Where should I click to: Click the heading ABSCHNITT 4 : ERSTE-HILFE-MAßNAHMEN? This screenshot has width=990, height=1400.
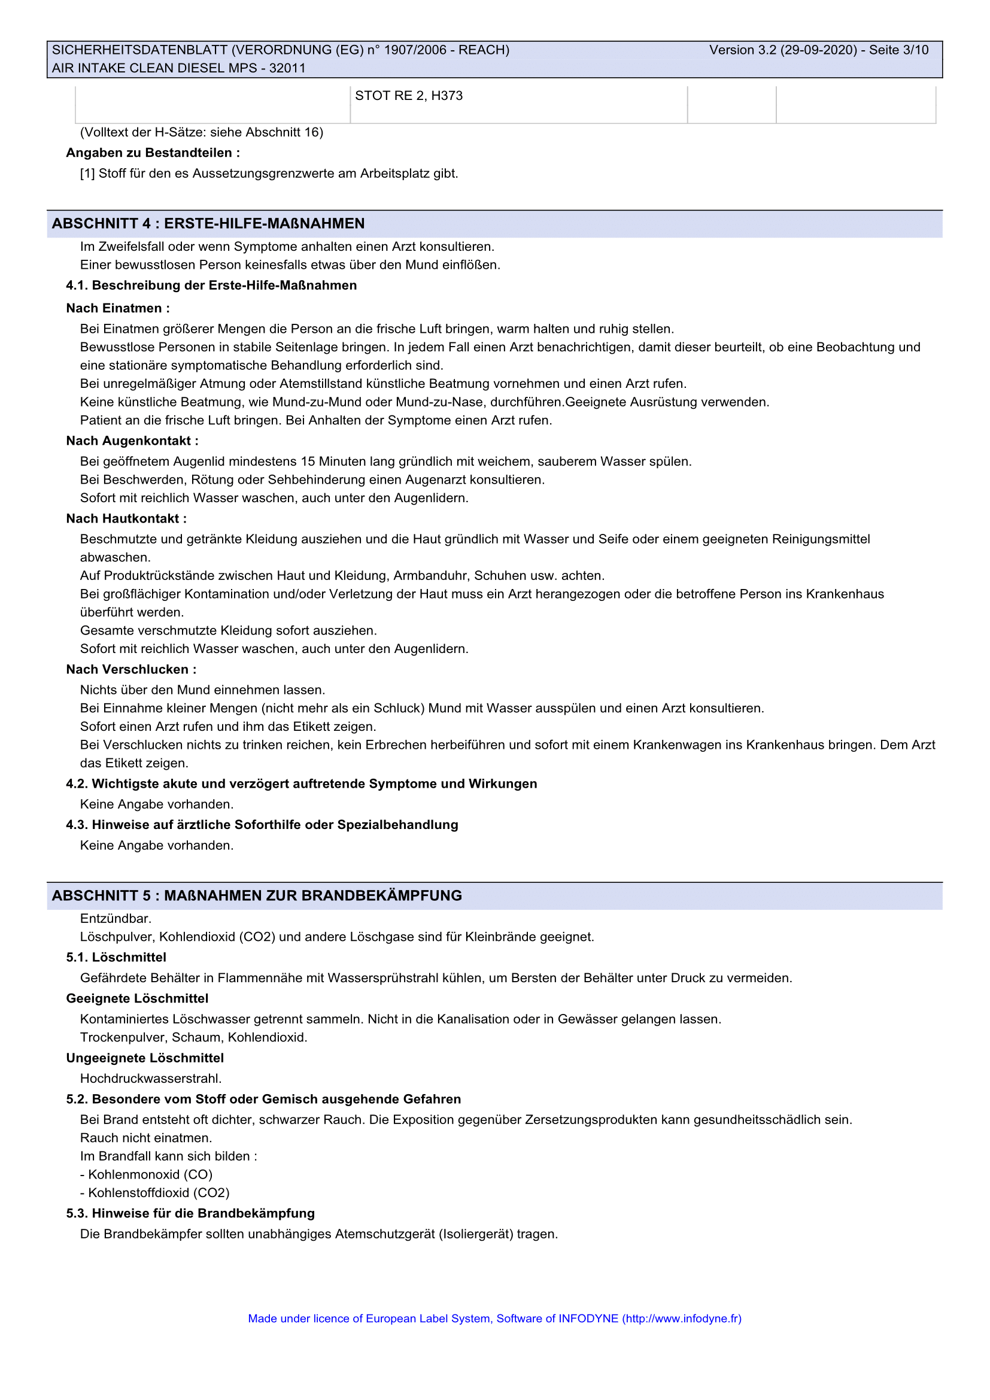coord(208,224)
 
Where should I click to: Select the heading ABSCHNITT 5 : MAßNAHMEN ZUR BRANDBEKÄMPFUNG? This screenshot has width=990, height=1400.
coord(257,896)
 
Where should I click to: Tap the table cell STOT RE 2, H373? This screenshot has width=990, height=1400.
coord(408,96)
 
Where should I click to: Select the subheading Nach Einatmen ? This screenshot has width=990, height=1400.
coord(118,308)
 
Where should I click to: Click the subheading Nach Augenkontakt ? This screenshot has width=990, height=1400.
coord(132,441)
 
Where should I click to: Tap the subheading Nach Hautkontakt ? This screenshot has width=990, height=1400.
coord(126,519)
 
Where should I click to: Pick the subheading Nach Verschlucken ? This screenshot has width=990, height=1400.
coord(131,670)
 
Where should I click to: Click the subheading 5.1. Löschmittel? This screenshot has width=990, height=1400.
coord(116,957)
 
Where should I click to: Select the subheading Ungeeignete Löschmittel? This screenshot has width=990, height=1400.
coord(144,1058)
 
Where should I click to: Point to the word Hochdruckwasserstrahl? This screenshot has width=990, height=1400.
coord(151,1079)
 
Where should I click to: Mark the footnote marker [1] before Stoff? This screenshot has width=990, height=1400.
coord(87,174)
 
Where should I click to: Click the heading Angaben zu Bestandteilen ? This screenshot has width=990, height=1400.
coord(153,153)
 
